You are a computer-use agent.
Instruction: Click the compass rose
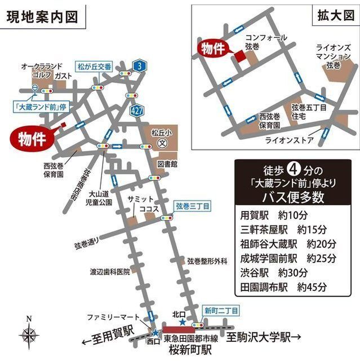click(29, 334)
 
